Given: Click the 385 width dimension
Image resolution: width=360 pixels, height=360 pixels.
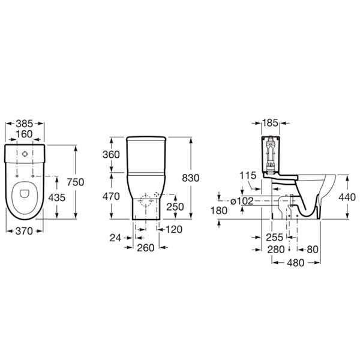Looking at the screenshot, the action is [25, 124].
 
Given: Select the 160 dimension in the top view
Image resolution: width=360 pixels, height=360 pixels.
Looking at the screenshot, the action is [25, 134].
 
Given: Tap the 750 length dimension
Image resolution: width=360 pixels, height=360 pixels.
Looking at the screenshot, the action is [76, 182].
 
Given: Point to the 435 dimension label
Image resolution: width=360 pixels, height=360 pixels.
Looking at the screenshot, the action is [57, 197].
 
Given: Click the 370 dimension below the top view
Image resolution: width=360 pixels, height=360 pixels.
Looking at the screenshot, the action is [24, 231].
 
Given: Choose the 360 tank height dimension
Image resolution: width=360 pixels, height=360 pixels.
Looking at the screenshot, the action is [111, 155].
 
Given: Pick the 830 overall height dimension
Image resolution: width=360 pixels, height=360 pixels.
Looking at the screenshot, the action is [191, 178].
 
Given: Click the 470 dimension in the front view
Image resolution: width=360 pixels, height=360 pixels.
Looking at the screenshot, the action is [111, 197].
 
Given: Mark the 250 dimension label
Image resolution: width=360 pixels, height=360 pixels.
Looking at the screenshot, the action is [175, 207].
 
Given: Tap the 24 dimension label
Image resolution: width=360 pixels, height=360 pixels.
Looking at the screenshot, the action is [115, 238].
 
